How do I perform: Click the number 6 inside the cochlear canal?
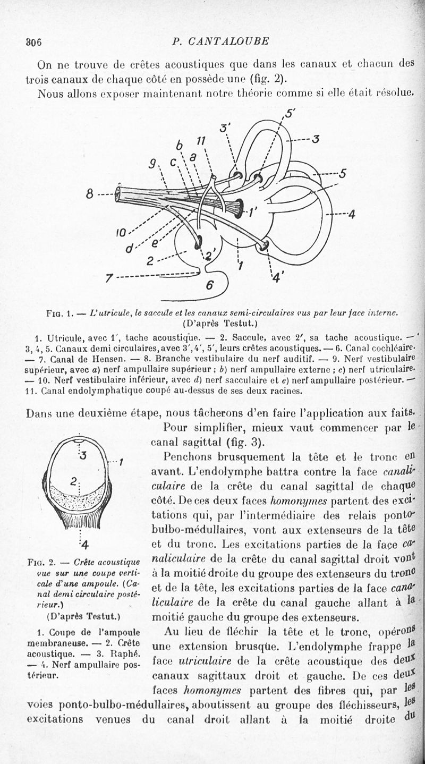click(209, 285)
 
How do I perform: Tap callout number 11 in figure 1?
click(200, 140)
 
